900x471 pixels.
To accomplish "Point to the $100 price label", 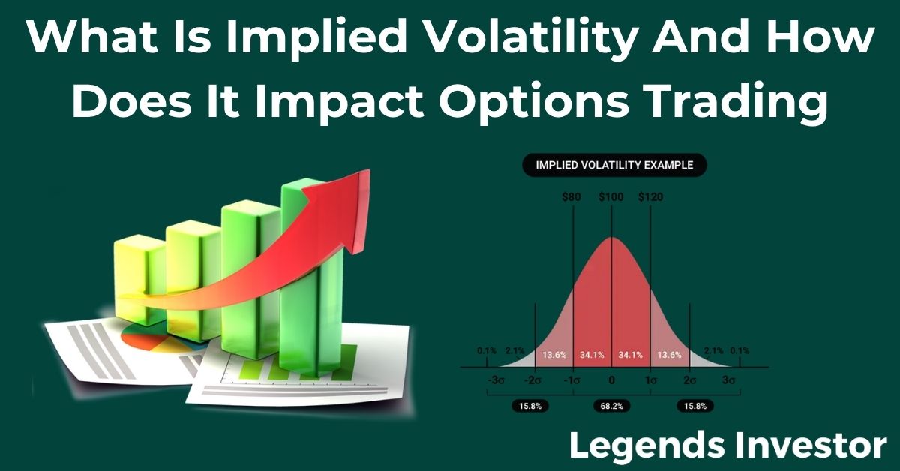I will click(x=611, y=197).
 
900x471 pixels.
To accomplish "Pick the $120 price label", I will click(x=650, y=197).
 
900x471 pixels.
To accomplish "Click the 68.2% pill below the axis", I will click(x=611, y=406).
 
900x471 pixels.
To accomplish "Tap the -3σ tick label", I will click(x=496, y=380).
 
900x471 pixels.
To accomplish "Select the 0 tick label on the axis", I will click(x=611, y=380).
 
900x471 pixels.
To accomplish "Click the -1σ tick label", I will click(x=573, y=380).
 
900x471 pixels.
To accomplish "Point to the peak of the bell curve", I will click(x=611, y=238).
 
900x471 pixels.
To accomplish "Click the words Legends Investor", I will click(x=727, y=445).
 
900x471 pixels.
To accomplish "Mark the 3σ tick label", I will click(x=727, y=380).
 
